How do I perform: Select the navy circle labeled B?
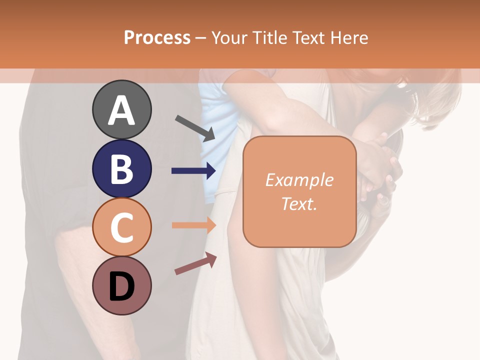click(x=121, y=168)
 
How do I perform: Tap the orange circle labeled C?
click(x=121, y=227)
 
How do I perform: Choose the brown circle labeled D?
click(x=121, y=286)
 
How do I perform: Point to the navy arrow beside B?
click(x=193, y=171)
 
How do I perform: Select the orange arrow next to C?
click(x=193, y=225)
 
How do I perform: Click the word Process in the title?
click(x=157, y=38)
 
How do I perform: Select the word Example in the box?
click(x=299, y=180)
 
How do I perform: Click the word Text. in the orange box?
click(x=299, y=203)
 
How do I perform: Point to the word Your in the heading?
click(x=230, y=38)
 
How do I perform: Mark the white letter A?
click(x=121, y=110)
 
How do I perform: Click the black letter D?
click(x=121, y=287)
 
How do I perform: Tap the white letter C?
click(x=121, y=228)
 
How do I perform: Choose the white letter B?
click(x=121, y=169)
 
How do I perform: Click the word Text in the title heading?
click(x=308, y=38)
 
